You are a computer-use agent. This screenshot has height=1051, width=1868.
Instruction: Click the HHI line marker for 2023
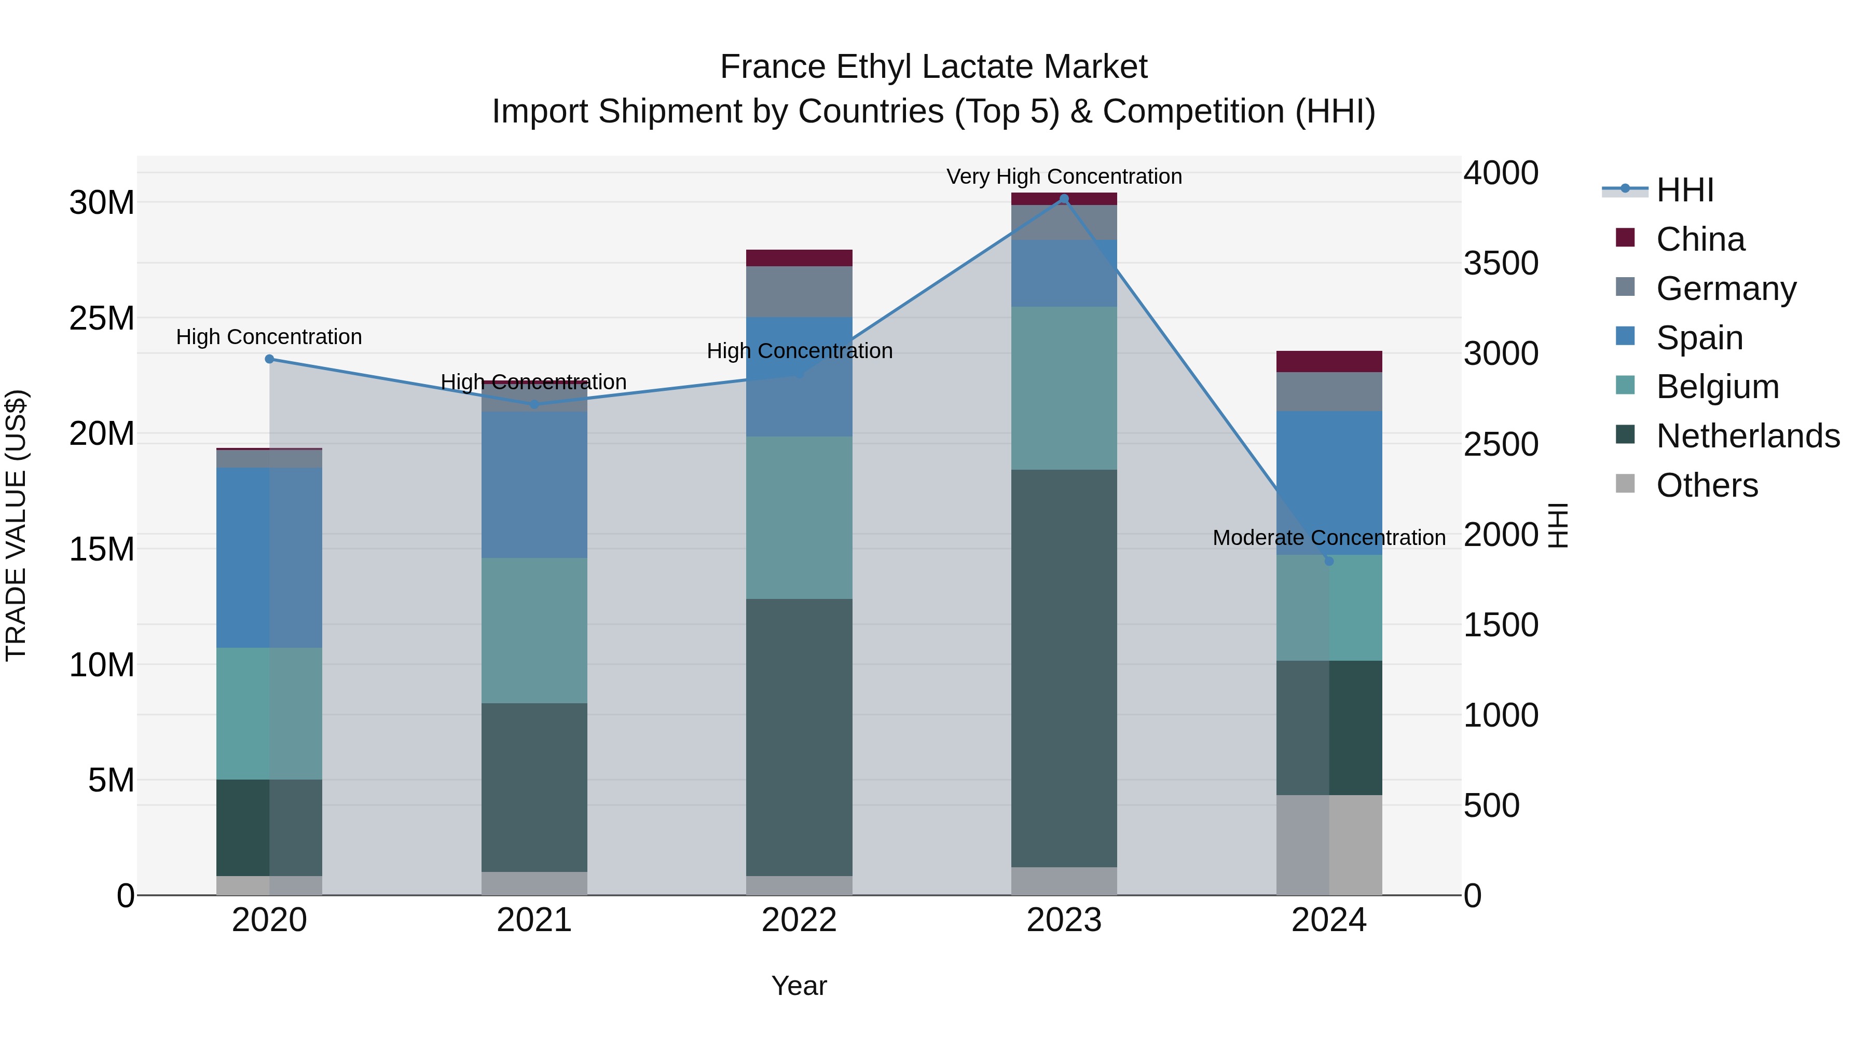click(x=1064, y=199)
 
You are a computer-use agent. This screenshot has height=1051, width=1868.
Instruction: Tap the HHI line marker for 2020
click(x=269, y=359)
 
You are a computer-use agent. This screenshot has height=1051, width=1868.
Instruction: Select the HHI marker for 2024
click(x=1328, y=561)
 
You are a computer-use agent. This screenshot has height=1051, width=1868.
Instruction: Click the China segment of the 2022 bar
click(x=799, y=258)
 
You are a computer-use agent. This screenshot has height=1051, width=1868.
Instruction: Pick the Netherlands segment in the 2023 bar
click(x=1064, y=667)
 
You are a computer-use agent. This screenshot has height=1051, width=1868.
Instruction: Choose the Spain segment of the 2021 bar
click(x=534, y=485)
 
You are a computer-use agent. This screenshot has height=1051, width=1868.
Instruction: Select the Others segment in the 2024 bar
click(x=1328, y=845)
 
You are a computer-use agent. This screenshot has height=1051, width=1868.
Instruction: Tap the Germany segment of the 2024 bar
click(x=1328, y=392)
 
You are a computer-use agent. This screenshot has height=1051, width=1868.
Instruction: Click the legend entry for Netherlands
click(x=1748, y=436)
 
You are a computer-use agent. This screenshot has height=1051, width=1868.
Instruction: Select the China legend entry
click(x=1700, y=239)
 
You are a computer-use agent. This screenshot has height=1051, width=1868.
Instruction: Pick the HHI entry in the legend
click(x=1684, y=190)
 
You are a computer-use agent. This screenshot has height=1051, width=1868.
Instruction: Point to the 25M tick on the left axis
click(x=102, y=319)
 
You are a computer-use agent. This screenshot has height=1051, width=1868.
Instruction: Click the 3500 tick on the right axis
click(x=1500, y=263)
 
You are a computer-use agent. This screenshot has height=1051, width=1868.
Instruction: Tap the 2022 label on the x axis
click(x=799, y=920)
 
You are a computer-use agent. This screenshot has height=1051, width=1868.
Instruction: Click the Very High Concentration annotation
click(x=1064, y=176)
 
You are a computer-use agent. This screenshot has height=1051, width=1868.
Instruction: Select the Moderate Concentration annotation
click(x=1328, y=538)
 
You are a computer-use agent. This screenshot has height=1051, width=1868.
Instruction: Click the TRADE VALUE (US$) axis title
click(x=16, y=525)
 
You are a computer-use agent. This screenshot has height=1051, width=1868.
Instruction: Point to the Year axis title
click(x=799, y=986)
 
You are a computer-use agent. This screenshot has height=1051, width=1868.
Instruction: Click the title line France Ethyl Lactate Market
click(x=933, y=67)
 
